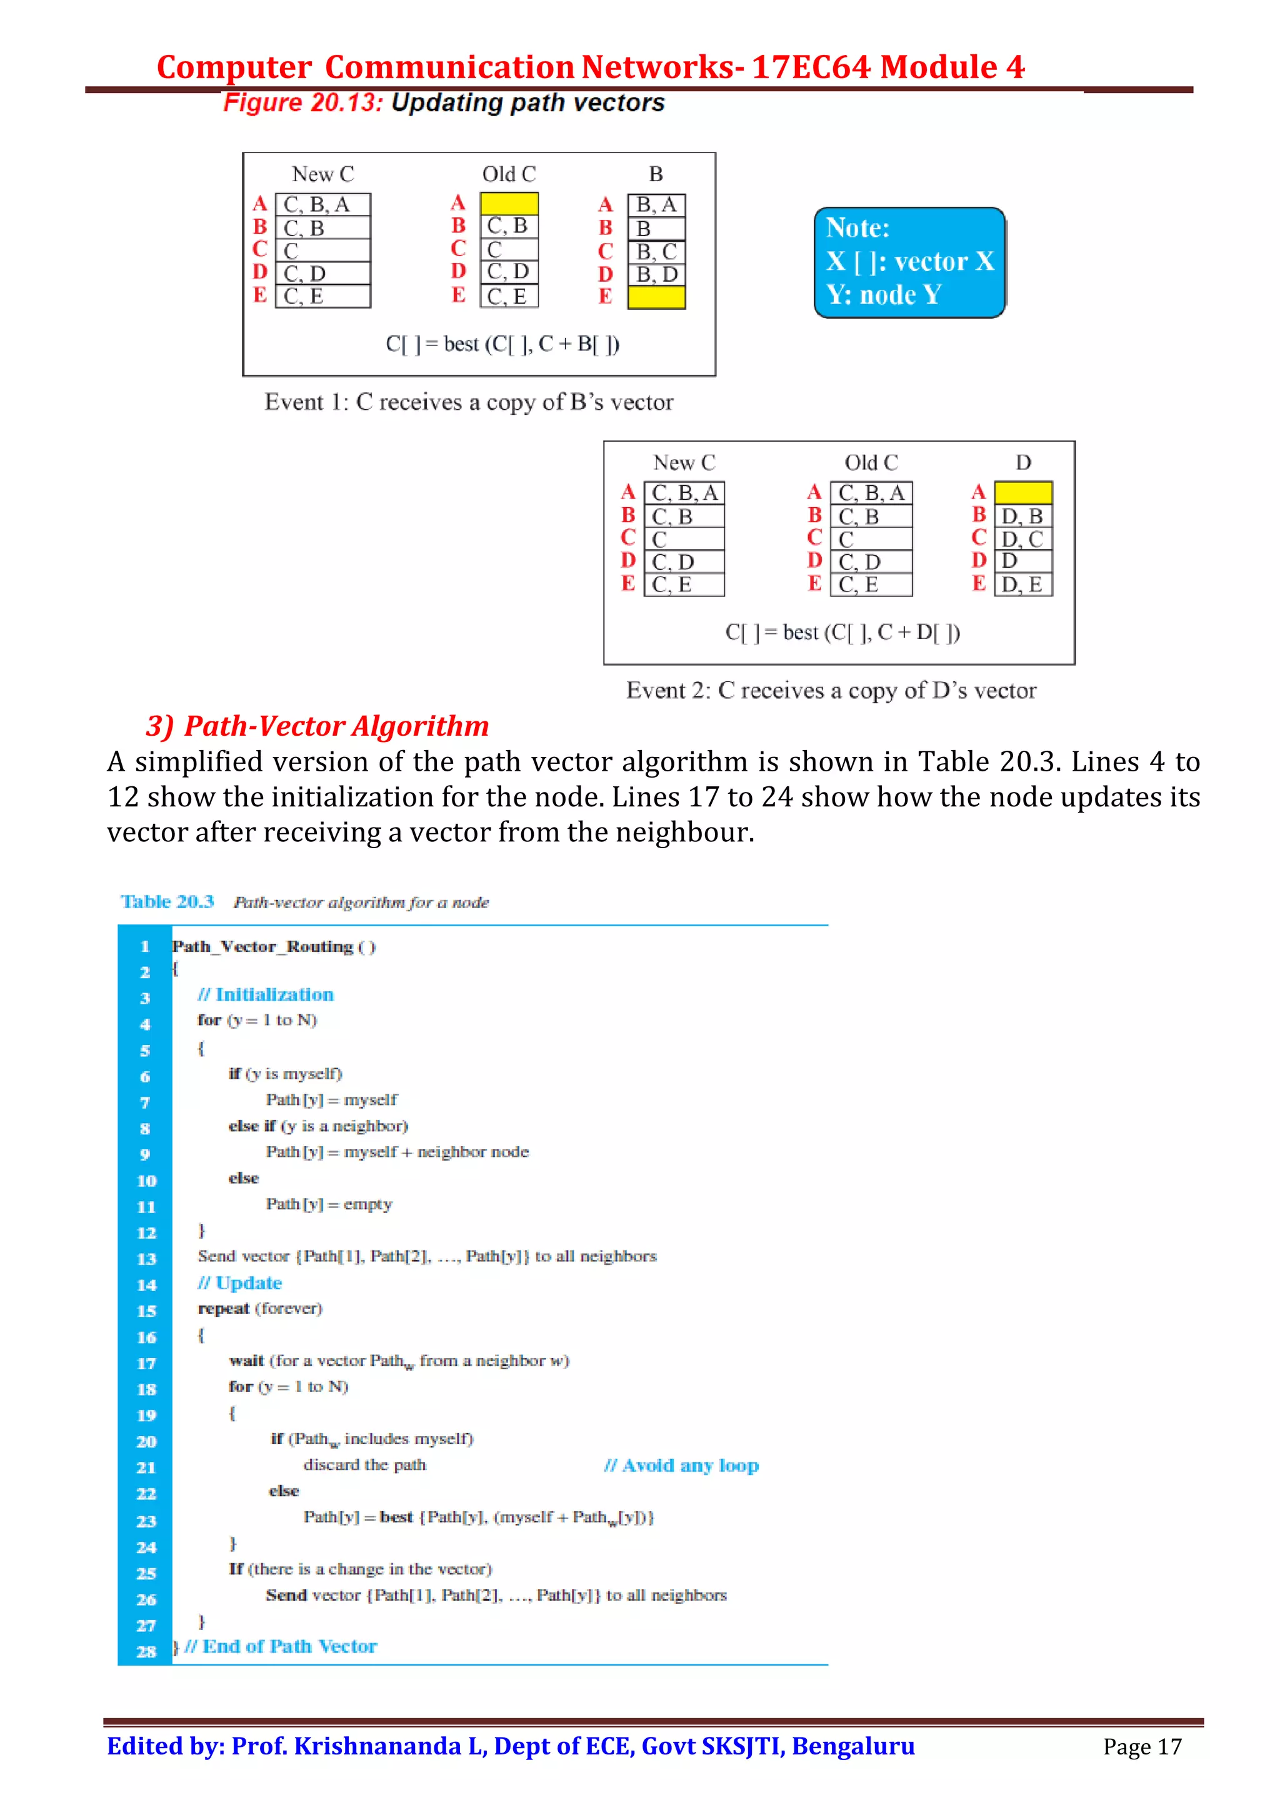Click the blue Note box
pyautogui.click(x=909, y=262)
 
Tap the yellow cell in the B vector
pyautogui.click(x=656, y=297)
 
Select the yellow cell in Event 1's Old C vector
pyautogui.click(x=509, y=204)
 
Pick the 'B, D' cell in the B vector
pyautogui.click(x=656, y=274)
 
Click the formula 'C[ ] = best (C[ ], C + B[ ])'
pyautogui.click(x=502, y=344)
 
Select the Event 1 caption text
pyautogui.click(x=469, y=402)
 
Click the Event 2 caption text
pyautogui.click(x=831, y=691)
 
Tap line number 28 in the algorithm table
pyautogui.click(x=146, y=1651)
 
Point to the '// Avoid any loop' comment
pyautogui.click(x=681, y=1465)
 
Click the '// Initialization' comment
pyautogui.click(x=265, y=995)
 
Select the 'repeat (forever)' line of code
pyautogui.click(x=259, y=1308)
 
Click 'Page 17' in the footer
pyautogui.click(x=1141, y=1747)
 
